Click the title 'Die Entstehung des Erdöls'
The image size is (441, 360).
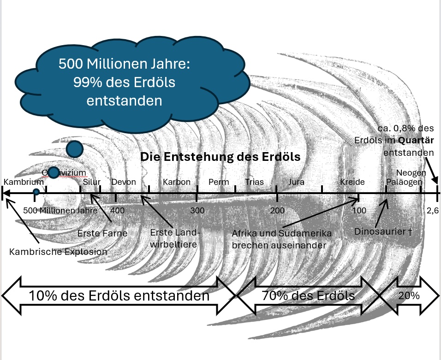pyautogui.click(x=220, y=157)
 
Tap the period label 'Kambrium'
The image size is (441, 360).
pyautogui.click(x=24, y=182)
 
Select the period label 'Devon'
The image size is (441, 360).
pyautogui.click(x=124, y=182)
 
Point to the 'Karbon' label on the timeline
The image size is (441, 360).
pyautogui.click(x=176, y=182)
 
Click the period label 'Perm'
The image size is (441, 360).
pyautogui.click(x=219, y=182)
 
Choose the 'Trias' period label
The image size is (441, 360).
pyautogui.click(x=255, y=182)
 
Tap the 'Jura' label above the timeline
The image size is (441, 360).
pyautogui.click(x=296, y=182)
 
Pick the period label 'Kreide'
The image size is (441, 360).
pyautogui.click(x=352, y=182)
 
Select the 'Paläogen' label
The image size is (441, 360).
pyautogui.click(x=404, y=182)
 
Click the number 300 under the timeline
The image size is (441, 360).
pyautogui.click(x=197, y=211)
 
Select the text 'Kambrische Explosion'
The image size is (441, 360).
pyautogui.click(x=58, y=252)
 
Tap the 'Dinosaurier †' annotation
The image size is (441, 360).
pyautogui.click(x=383, y=231)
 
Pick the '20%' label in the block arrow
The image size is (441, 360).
pyautogui.click(x=408, y=295)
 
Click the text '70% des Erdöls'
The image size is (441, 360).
pyautogui.click(x=308, y=295)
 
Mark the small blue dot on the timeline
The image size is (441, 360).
pyautogui.click(x=36, y=192)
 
